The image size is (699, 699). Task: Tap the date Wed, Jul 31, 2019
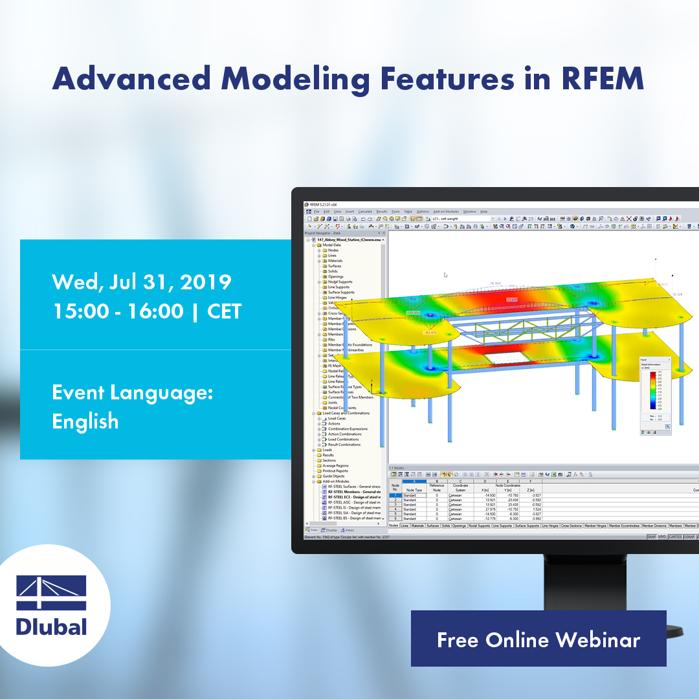pos(142,282)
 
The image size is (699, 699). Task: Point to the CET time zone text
pos(224,311)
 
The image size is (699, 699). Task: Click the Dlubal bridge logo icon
pos(51,592)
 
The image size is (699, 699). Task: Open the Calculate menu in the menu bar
pos(365,212)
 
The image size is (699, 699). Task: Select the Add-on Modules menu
pos(446,212)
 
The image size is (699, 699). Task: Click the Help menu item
pos(483,212)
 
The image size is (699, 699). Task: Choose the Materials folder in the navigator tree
pos(335,261)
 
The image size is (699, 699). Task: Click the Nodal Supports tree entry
pos(340,282)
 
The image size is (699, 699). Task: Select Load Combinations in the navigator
pos(343,439)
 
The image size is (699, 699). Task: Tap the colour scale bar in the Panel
pos(652,392)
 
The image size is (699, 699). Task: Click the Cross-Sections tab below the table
pos(571,526)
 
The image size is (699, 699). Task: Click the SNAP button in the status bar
pos(651,537)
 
